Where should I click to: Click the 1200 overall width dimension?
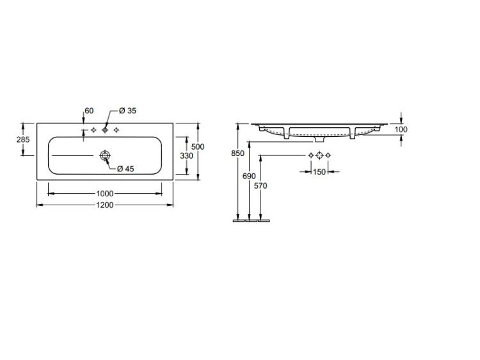[x=105, y=205]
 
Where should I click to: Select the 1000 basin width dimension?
[x=105, y=194]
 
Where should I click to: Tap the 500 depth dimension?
[x=198, y=146]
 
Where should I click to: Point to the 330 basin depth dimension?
[x=186, y=155]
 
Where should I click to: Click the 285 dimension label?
[x=23, y=139]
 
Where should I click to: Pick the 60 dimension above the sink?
[x=89, y=111]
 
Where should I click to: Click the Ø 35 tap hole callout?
[x=127, y=111]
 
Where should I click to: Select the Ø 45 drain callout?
[x=125, y=169]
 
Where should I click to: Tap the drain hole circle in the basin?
[x=105, y=155]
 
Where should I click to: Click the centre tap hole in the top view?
[x=105, y=130]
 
